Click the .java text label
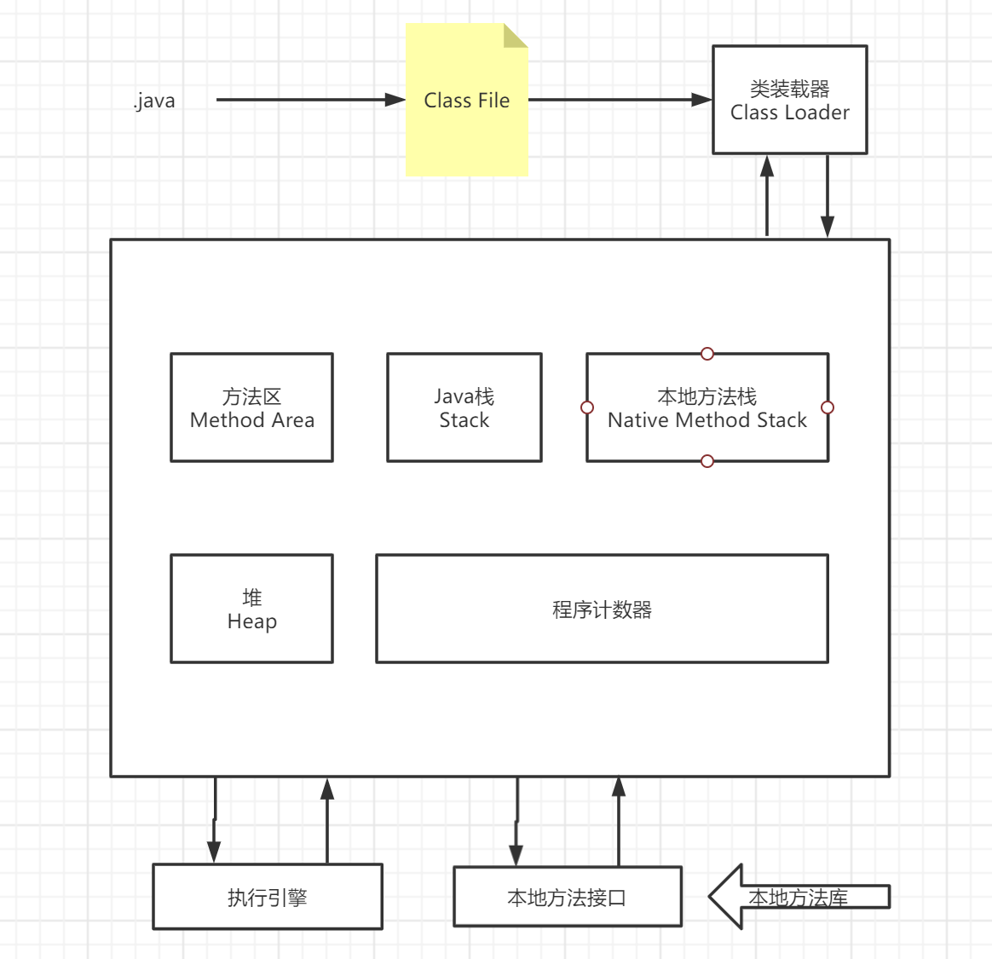[154, 101]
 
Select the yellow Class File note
[466, 128]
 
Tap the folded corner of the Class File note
[516, 35]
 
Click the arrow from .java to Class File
[307, 100]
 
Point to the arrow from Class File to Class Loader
[618, 100]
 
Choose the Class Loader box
[789, 101]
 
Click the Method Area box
[251, 407]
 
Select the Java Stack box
[464, 407]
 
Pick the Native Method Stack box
[707, 407]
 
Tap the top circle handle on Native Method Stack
[707, 354]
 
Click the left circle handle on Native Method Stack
[587, 407]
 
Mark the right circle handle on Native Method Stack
[827, 407]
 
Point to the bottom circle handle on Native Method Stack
[707, 461]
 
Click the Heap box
[251, 609]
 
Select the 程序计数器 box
[602, 609]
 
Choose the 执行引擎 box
[267, 897]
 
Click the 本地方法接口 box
[567, 897]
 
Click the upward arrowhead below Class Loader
[767, 166]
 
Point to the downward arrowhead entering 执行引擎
[214, 852]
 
